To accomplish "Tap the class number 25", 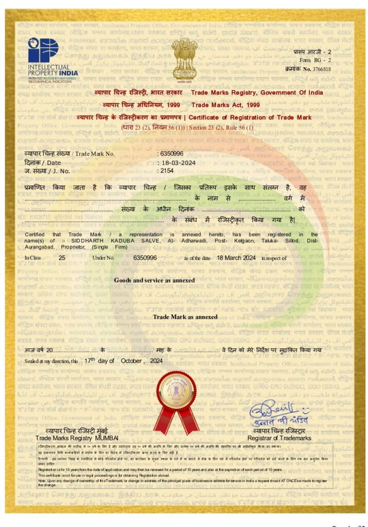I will coord(62,257).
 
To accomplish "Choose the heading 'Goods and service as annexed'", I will coord(154,280).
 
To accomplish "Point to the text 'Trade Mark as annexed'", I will coord(185,317).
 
